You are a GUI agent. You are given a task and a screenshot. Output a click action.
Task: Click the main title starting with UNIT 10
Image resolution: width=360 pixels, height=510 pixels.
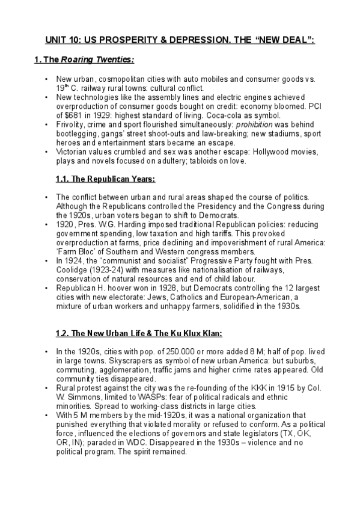pos(180,40)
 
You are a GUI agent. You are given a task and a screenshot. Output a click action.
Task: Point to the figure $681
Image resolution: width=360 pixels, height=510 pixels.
pos(69,115)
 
